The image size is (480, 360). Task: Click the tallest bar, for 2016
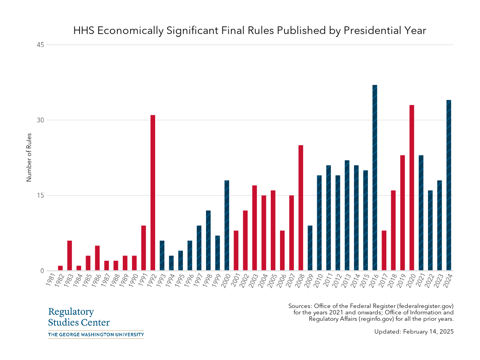(375, 178)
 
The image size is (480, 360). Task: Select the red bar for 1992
(153, 193)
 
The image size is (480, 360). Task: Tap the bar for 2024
(449, 185)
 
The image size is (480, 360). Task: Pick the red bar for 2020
(412, 188)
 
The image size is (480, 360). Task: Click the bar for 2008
(301, 208)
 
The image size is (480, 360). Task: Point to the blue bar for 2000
(227, 226)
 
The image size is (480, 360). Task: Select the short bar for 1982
(60, 268)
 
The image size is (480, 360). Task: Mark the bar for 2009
(310, 248)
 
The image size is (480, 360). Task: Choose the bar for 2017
(384, 250)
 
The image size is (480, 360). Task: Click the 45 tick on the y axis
(40, 45)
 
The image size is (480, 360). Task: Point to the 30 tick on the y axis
(40, 120)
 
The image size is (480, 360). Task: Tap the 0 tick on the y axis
(42, 271)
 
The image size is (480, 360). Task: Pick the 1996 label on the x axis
(188, 280)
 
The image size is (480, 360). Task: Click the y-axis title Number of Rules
(29, 158)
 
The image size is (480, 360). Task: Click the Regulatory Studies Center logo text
(79, 317)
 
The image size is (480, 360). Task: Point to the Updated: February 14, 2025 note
(414, 332)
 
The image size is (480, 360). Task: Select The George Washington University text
(96, 334)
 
